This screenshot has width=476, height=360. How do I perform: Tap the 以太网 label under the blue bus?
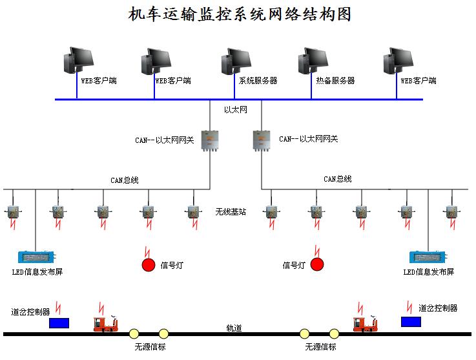tap(236, 110)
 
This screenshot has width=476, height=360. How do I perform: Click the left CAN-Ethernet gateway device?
tap(210, 140)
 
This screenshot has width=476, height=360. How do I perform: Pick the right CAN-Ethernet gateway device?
tap(261, 140)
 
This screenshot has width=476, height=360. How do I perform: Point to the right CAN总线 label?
tap(337, 178)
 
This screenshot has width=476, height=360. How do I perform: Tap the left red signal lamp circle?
tap(149, 264)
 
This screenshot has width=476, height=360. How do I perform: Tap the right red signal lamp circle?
tap(316, 264)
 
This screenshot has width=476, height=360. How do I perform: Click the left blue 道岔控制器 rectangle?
tap(59, 321)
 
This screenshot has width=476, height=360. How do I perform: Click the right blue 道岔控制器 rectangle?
tap(410, 321)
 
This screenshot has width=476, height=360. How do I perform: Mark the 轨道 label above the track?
tap(234, 328)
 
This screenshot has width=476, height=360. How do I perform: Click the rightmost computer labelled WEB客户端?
tap(398, 63)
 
